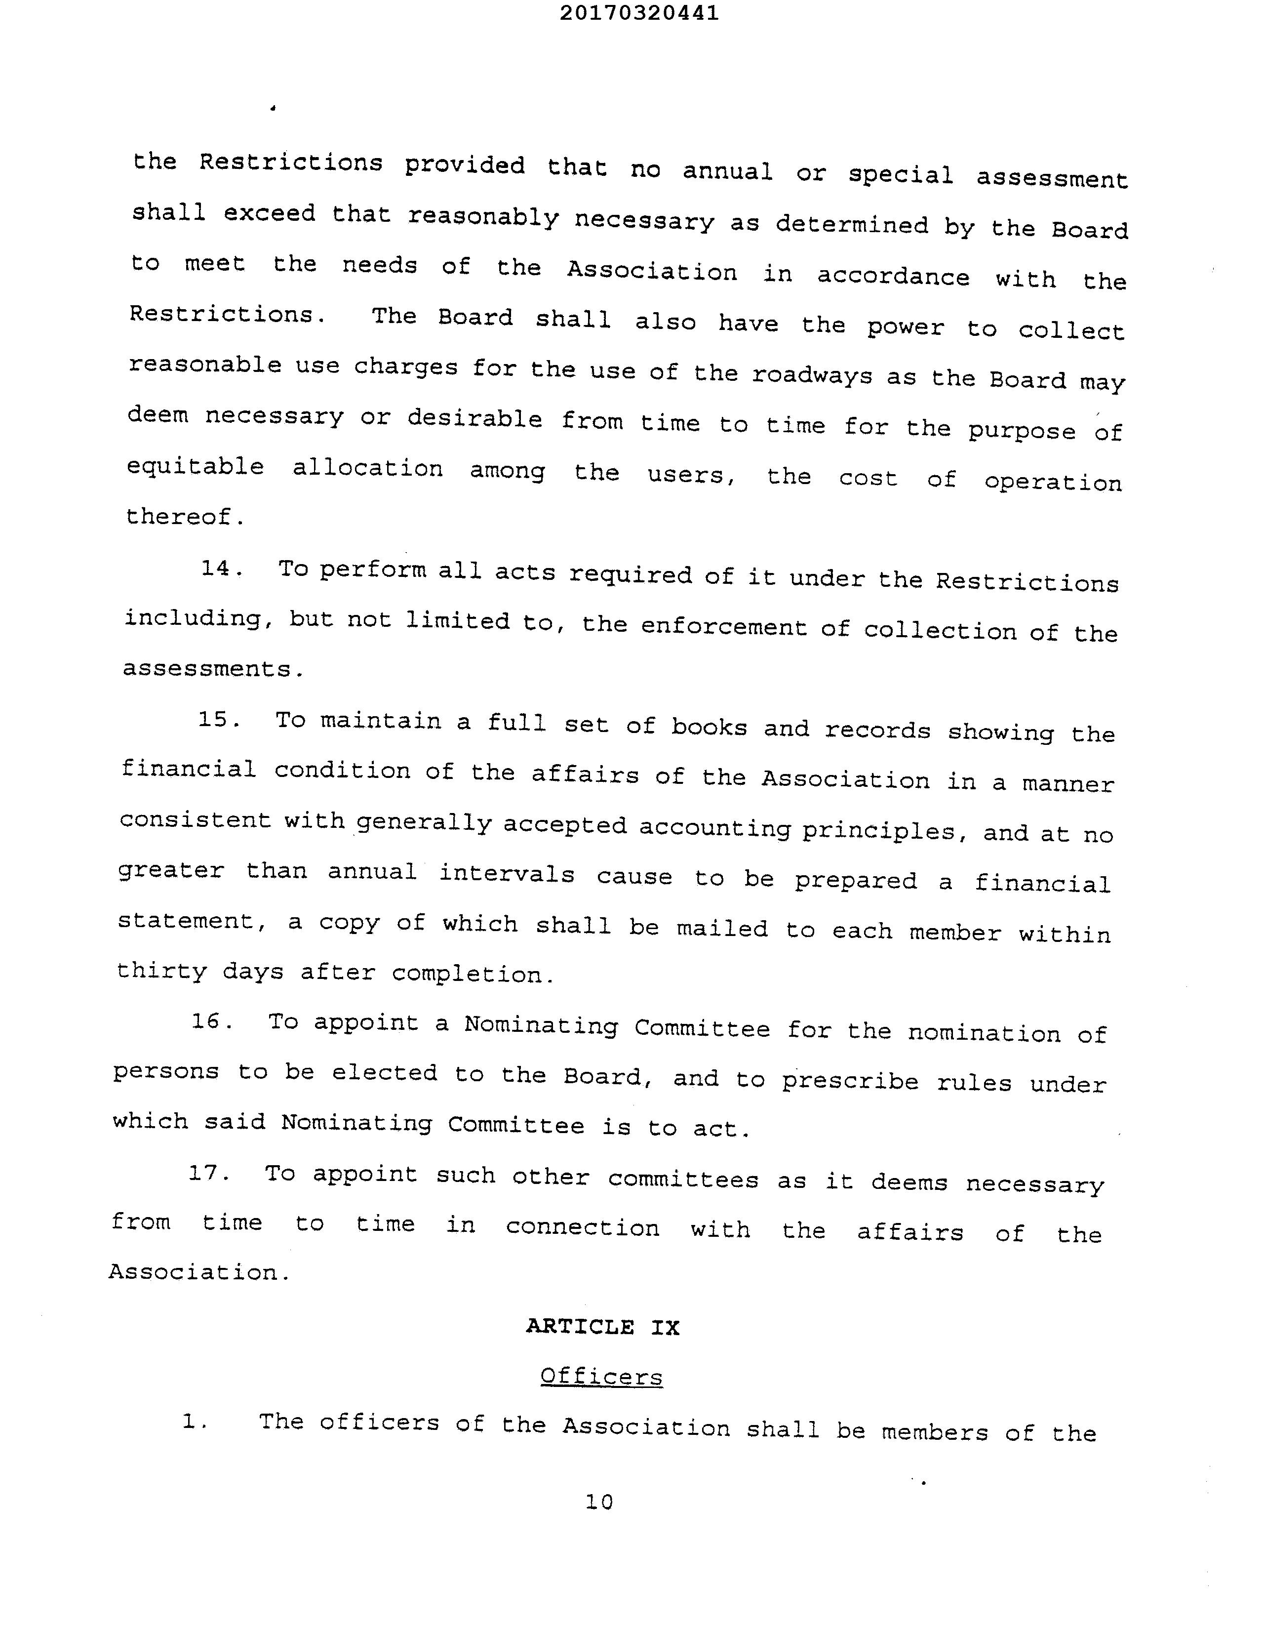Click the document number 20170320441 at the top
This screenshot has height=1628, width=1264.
639,13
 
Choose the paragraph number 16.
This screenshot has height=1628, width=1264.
212,1020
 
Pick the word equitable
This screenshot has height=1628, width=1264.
195,467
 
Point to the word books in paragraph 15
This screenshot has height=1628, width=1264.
709,727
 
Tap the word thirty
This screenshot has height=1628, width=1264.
162,971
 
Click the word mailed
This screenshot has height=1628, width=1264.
721,929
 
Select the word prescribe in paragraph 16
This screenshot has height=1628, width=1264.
850,1081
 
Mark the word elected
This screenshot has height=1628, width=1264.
385,1073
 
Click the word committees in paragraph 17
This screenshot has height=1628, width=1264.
683,1179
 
